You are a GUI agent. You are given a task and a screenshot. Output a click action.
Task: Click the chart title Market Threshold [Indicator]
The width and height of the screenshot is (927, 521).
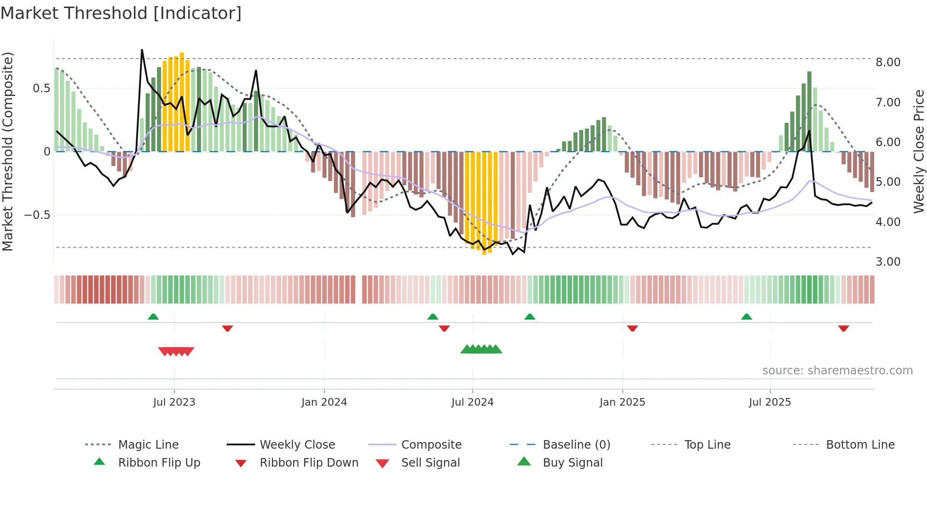tap(121, 13)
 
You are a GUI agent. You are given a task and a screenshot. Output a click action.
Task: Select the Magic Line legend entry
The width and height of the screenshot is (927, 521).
tap(148, 445)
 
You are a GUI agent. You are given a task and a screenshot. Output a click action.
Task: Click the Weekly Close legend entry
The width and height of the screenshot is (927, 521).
tap(297, 445)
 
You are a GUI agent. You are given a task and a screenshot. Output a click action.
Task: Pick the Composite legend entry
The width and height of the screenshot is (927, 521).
tap(431, 445)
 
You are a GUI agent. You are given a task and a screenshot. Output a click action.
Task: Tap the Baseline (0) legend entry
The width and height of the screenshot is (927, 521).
tap(576, 445)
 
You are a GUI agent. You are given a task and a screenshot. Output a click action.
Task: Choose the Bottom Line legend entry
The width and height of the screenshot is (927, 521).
tap(860, 445)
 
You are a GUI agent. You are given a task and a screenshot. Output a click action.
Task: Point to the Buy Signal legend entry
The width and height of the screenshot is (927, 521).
tap(572, 463)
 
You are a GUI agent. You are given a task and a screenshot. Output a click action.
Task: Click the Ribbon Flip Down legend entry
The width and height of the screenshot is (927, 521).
tap(308, 463)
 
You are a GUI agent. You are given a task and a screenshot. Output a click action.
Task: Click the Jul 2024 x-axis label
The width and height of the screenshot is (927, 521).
tap(472, 402)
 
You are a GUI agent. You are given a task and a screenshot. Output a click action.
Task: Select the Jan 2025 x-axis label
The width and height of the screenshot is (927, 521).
tap(622, 402)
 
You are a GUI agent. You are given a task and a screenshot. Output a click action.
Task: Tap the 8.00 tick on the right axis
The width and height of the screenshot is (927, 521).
tap(888, 62)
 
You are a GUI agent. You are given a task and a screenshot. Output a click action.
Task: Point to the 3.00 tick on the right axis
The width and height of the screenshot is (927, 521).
tap(888, 262)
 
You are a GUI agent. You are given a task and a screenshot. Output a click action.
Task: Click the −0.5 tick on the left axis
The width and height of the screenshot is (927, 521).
tap(37, 215)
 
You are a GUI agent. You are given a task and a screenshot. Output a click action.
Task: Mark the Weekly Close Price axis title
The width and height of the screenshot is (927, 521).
tap(918, 151)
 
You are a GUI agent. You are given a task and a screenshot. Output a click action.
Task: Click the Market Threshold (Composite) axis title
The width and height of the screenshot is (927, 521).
tap(8, 151)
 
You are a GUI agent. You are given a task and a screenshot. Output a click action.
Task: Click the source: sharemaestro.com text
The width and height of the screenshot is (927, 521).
tap(837, 371)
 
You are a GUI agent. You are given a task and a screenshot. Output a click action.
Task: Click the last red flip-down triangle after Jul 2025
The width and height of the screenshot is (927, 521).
tap(843, 328)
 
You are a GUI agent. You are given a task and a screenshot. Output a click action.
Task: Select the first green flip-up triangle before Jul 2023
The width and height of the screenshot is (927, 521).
tap(153, 317)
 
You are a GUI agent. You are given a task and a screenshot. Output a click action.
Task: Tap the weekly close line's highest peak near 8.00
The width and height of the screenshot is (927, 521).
tap(142, 50)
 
